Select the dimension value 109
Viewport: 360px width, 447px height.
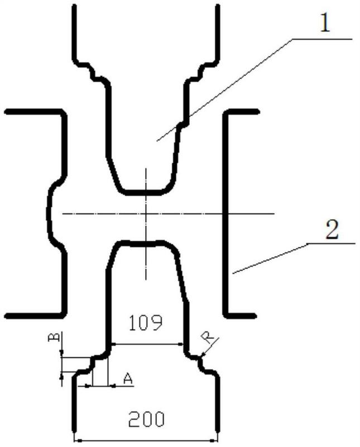(146, 323)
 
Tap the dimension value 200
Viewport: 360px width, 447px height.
(146, 419)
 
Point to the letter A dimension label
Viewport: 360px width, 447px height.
(128, 379)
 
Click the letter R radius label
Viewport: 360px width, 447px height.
(209, 338)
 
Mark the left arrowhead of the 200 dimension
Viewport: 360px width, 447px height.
(76, 440)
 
